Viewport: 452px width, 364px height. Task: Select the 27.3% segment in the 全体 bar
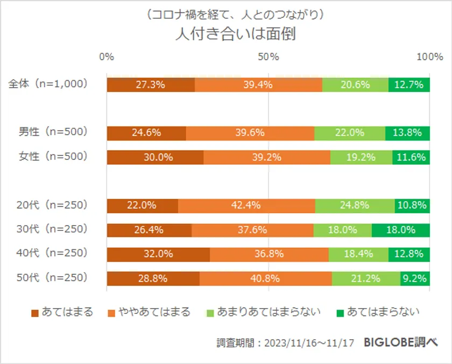click(151, 85)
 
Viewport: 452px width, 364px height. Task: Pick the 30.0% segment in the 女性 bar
click(155, 157)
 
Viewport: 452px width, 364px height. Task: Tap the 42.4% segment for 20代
click(246, 205)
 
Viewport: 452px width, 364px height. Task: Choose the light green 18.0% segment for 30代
click(342, 230)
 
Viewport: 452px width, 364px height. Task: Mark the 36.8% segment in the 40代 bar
click(269, 254)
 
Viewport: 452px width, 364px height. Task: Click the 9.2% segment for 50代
click(415, 278)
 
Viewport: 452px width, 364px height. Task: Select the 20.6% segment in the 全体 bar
click(355, 85)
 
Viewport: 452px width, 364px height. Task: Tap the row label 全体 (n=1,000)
click(47, 84)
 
